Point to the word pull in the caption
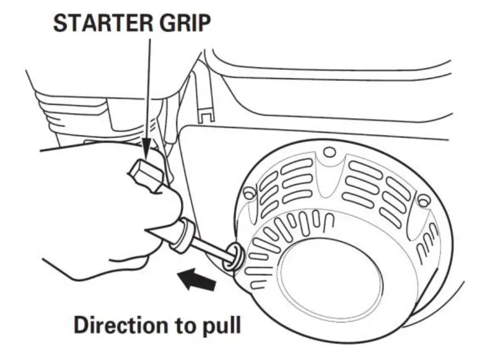pyautogui.click(x=220, y=326)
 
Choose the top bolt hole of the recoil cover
pyautogui.click(x=330, y=152)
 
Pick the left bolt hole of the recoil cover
pyautogui.click(x=249, y=193)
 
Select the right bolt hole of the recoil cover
pyautogui.click(x=423, y=200)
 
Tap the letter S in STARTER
pyautogui.click(x=60, y=23)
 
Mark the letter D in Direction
pyautogui.click(x=81, y=324)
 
